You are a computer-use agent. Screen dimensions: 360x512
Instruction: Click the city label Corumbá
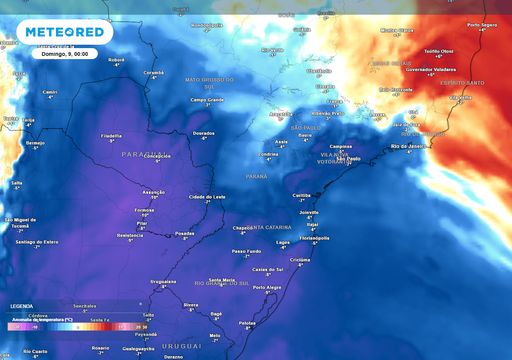pos(152,72)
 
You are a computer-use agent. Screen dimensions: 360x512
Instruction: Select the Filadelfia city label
pos(111,135)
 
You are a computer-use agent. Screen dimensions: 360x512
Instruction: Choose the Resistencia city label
pos(130,234)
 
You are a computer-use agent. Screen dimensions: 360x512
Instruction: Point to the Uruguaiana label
pos(163,281)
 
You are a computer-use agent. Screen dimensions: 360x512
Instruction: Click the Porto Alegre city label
pos(267,287)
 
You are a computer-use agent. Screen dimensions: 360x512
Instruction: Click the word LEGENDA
pos(21,306)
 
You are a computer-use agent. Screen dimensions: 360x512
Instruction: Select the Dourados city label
pos(203,132)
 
